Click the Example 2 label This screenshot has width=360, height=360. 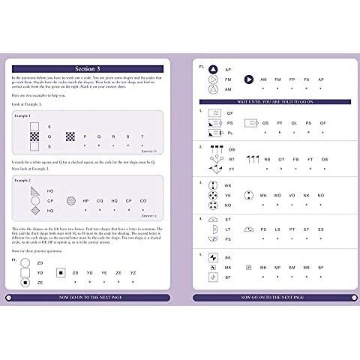coord(24,181)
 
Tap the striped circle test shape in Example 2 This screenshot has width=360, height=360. coord(71,200)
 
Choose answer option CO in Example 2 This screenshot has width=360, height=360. coord(142,201)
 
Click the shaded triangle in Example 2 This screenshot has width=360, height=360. coord(32,190)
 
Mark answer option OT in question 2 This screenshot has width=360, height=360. coord(281,159)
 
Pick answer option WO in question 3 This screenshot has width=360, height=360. coord(280,195)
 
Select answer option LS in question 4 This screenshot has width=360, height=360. coord(281,229)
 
